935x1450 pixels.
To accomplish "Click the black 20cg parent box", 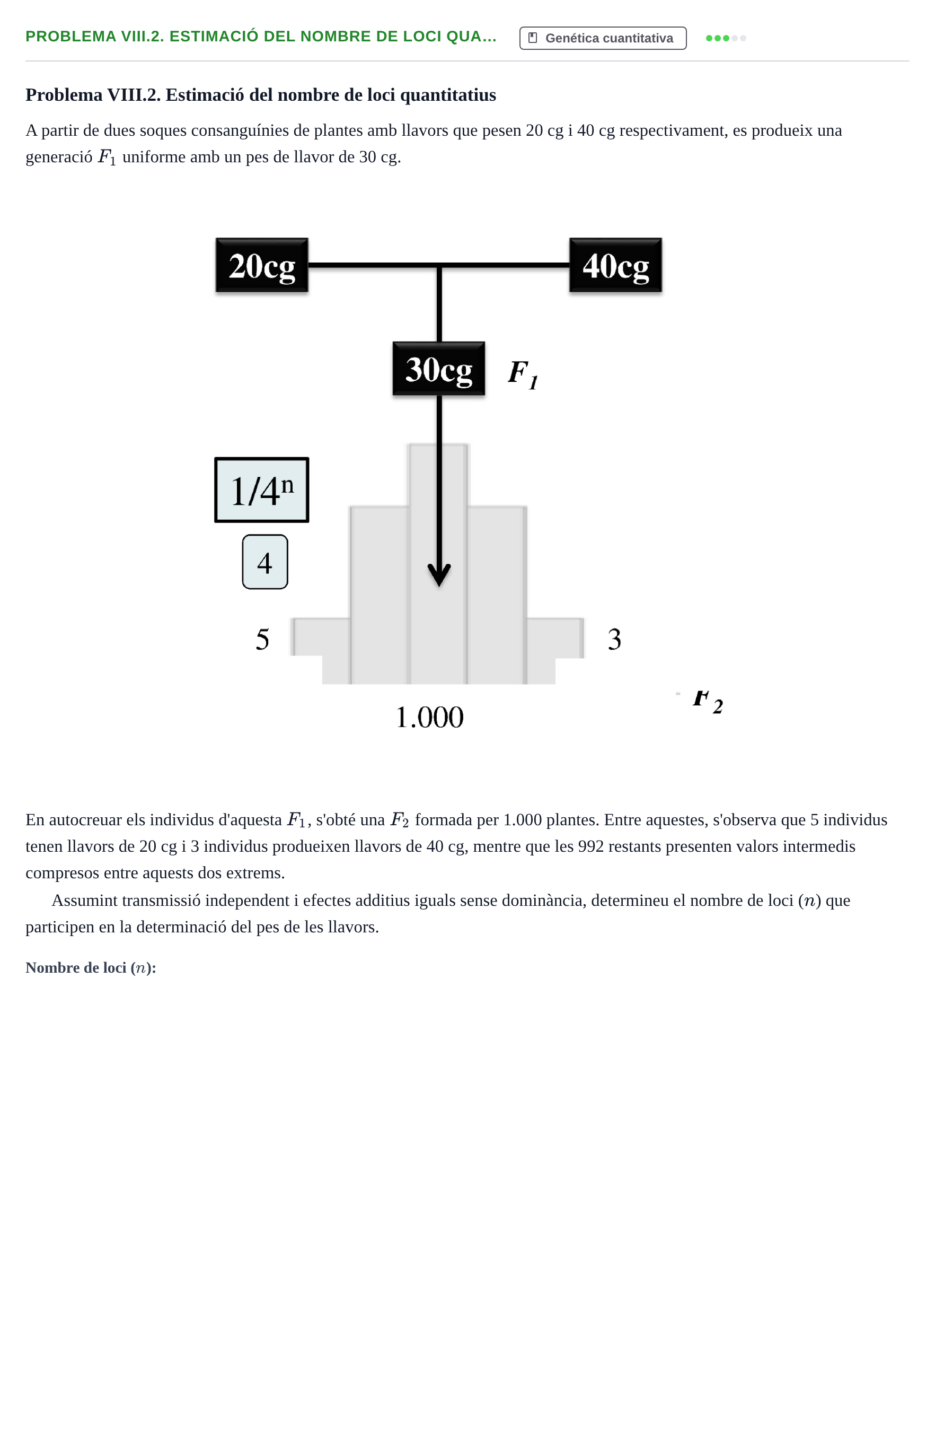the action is [262, 265].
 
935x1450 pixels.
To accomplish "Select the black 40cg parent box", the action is [615, 265].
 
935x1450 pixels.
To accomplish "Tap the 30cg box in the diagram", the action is [438, 369].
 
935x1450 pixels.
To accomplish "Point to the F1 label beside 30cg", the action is [523, 373].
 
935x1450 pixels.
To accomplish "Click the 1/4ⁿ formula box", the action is [262, 490].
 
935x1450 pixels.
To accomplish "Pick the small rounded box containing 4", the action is [264, 562].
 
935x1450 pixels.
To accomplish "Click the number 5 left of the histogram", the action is [262, 639].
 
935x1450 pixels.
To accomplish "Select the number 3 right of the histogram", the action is [614, 639].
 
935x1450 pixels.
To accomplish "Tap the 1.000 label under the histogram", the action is [429, 717].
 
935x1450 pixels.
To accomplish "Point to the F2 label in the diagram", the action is [708, 702].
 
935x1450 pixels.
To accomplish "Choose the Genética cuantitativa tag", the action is [603, 38].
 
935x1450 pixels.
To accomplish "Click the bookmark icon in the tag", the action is [533, 38].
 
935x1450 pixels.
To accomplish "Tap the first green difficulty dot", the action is [709, 38].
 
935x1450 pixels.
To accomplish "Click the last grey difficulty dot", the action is [743, 38].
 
